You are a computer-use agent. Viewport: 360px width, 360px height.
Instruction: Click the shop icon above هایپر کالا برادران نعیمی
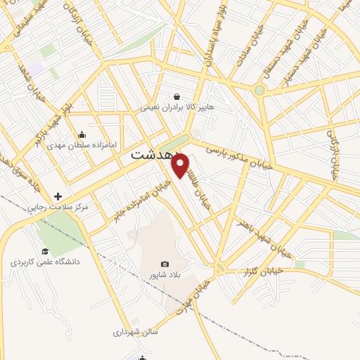[x=176, y=96]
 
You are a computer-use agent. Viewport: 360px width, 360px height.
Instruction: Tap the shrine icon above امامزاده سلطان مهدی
[x=82, y=136]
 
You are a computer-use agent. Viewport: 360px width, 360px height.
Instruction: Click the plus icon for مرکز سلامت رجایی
[x=57, y=197]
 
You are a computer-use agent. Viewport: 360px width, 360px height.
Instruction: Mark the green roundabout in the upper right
[x=259, y=90]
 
